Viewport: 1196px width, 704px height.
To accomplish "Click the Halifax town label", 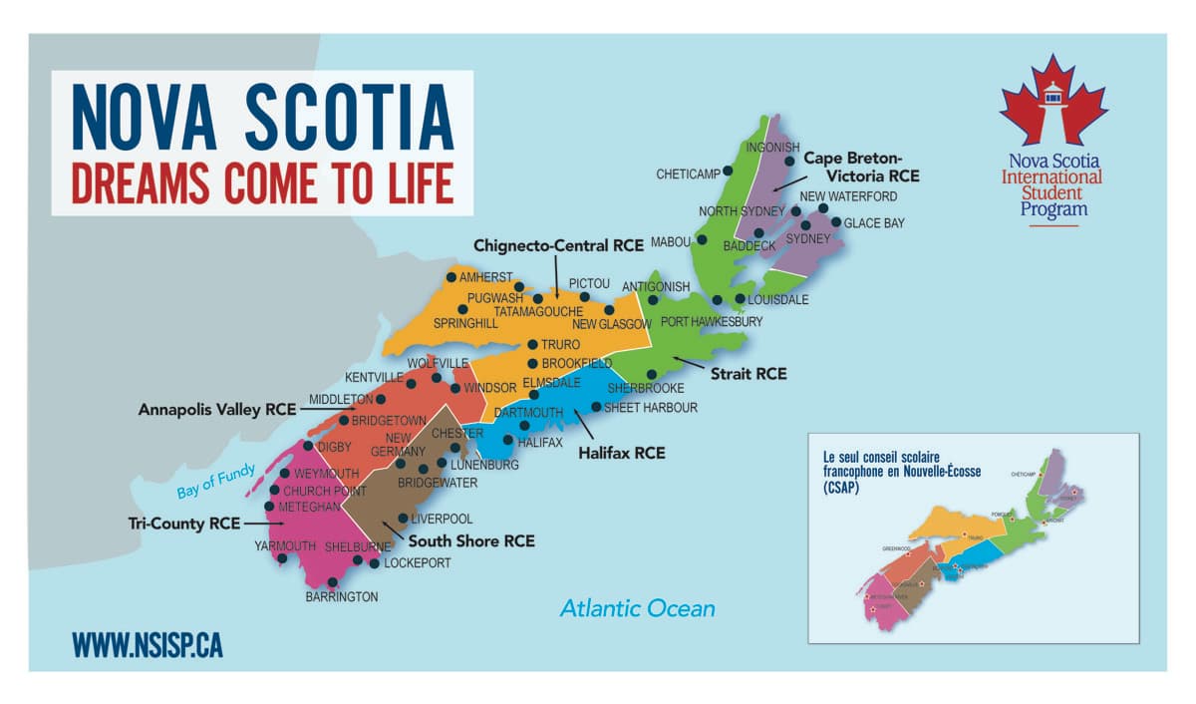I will click(x=540, y=442).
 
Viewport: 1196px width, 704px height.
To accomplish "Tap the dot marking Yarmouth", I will click(x=283, y=558).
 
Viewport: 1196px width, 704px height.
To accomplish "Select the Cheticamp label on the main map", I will click(x=688, y=175).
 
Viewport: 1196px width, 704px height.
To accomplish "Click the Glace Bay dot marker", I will click(x=836, y=222).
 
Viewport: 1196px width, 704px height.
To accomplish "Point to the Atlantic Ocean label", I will click(x=637, y=607).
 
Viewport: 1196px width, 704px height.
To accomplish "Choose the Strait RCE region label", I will click(x=747, y=374).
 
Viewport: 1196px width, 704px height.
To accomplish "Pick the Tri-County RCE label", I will click(x=184, y=523).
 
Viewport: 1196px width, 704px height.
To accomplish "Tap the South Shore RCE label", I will click(x=471, y=541).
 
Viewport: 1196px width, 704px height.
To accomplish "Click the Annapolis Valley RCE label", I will click(x=217, y=409).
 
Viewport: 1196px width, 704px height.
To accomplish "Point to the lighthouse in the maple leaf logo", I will click(x=1053, y=95).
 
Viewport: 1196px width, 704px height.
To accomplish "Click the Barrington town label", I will click(x=342, y=596).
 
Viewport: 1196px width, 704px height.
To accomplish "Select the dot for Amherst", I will click(x=451, y=277).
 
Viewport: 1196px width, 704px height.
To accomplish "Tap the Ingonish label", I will click(x=766, y=148).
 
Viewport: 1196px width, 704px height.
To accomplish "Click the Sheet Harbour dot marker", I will click(x=596, y=407).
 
